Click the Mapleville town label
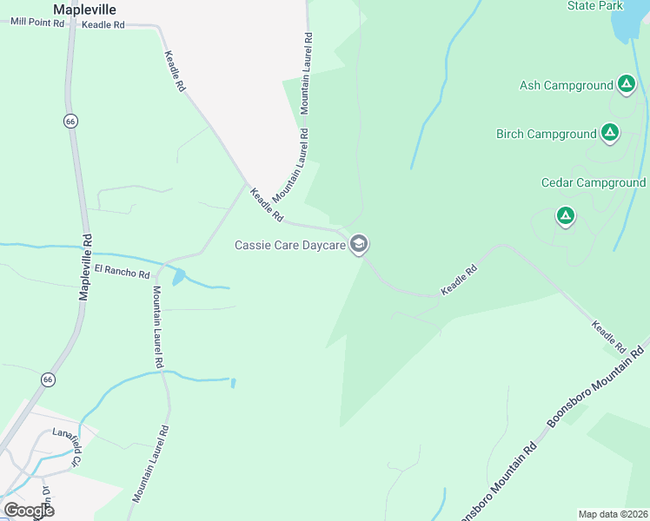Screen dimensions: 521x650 pyautogui.click(x=84, y=10)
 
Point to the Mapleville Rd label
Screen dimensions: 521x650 pyautogui.click(x=85, y=267)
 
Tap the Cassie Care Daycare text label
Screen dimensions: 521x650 pyautogui.click(x=290, y=245)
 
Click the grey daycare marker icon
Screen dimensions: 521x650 pyautogui.click(x=358, y=245)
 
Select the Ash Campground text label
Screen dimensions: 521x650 pyautogui.click(x=566, y=85)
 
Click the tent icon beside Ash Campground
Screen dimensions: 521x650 pyautogui.click(x=626, y=84)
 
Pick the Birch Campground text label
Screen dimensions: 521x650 pyautogui.click(x=546, y=134)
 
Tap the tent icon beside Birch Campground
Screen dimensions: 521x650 pyautogui.click(x=610, y=133)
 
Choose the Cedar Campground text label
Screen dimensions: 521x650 pyautogui.click(x=593, y=182)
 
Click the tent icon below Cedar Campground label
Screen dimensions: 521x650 pyautogui.click(x=566, y=215)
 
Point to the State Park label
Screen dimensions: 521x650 pyautogui.click(x=595, y=6)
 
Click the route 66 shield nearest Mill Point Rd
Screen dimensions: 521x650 pyautogui.click(x=70, y=122)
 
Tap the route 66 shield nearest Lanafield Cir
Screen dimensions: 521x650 pyautogui.click(x=48, y=379)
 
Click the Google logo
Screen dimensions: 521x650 pyautogui.click(x=29, y=510)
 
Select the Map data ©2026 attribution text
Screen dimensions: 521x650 pyautogui.click(x=612, y=514)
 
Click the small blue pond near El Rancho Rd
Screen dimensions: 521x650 pyautogui.click(x=179, y=278)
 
